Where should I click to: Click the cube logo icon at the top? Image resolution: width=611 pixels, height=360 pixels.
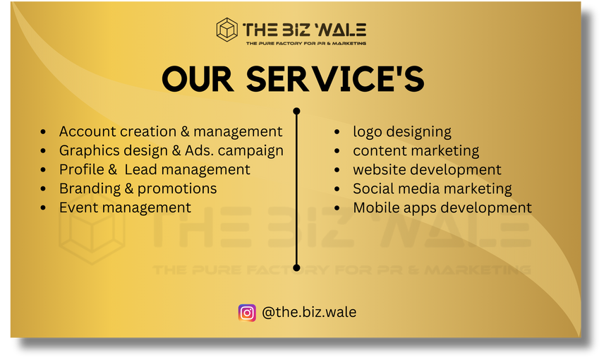coord(226,30)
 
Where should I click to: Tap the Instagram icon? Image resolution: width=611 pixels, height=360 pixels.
coord(247,313)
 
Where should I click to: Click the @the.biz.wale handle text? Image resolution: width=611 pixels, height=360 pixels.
coord(309,313)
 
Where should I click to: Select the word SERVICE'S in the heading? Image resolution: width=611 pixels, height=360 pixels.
coord(335,79)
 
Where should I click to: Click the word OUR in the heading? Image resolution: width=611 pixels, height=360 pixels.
coord(198,79)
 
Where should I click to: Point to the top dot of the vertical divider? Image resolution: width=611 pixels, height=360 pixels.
coord(296,111)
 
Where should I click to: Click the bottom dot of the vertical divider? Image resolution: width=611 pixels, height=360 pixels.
coord(296,268)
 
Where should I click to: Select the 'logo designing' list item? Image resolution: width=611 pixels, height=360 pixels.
coord(402,132)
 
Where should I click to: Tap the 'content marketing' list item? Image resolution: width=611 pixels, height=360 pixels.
coord(416,151)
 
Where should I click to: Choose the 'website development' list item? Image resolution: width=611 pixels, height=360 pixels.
coord(427,169)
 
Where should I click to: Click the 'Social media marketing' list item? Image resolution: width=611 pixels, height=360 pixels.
coord(432,188)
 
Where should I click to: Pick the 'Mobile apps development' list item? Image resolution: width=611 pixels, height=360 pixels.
coord(442,208)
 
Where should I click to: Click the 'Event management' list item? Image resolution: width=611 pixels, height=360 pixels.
coord(125,208)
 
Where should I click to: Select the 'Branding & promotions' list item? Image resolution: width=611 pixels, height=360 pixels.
coord(138,188)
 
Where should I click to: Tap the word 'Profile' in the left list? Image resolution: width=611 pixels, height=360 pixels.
coord(82,169)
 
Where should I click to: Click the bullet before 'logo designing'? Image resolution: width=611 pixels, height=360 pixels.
coord(337,132)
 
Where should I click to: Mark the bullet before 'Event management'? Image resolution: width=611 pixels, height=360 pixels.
coord(43,208)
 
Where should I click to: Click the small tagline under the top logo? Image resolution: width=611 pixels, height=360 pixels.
coord(306,43)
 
